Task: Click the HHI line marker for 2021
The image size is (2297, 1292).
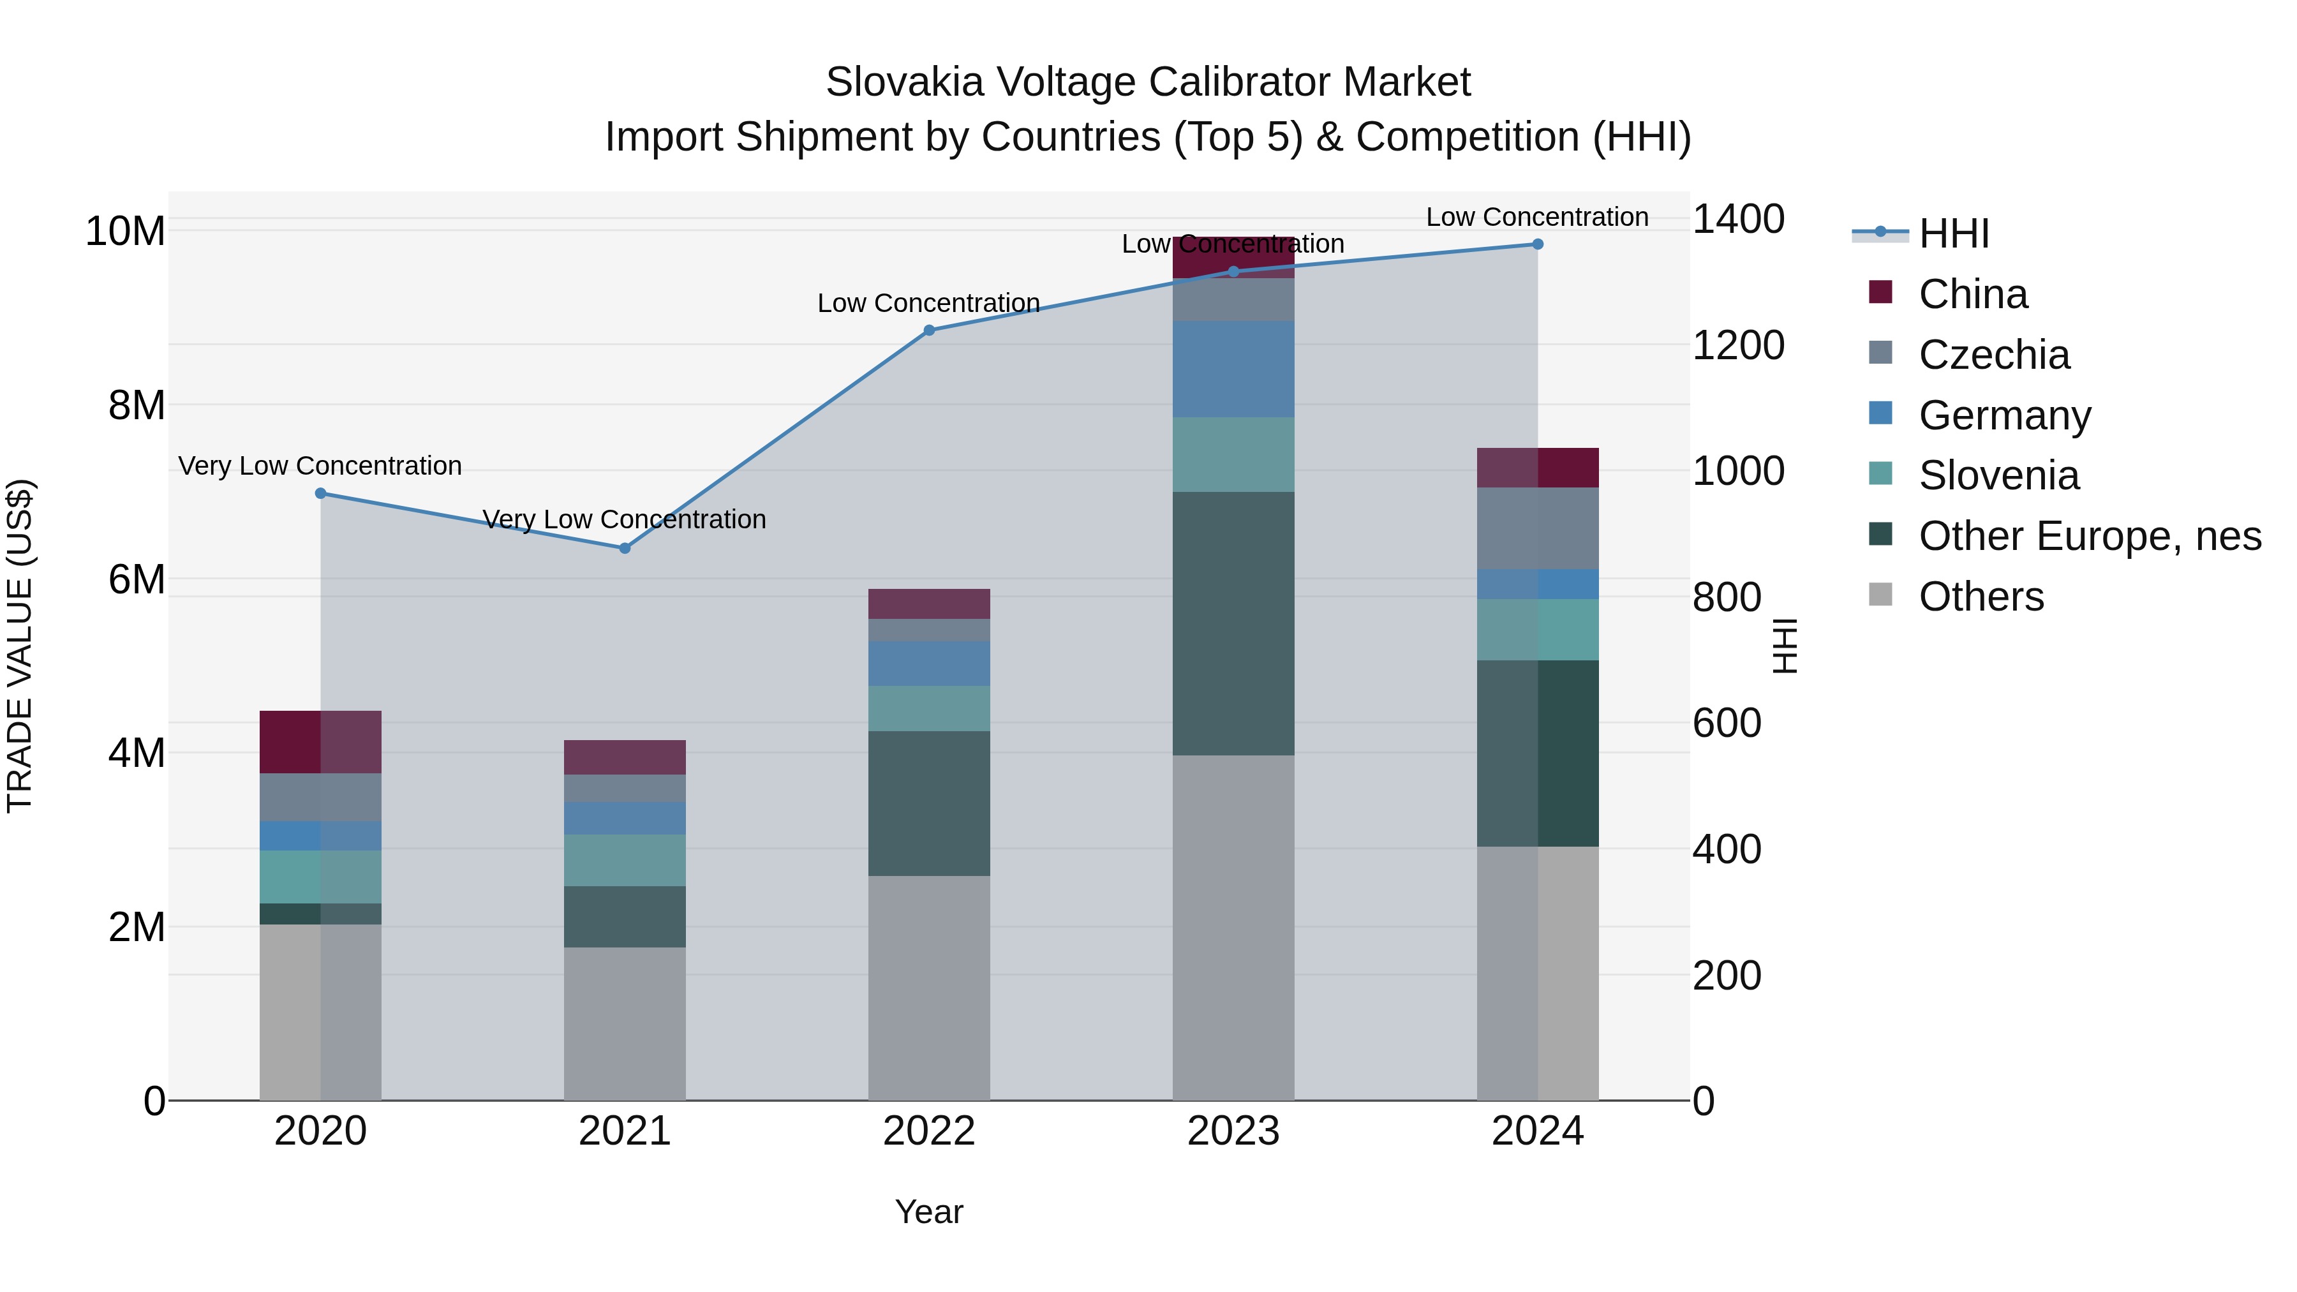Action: pos(624,548)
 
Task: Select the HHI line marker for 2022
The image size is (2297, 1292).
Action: pos(929,330)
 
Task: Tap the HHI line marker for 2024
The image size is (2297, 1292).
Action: pos(1537,244)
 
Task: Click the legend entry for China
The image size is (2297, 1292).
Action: pos(1972,294)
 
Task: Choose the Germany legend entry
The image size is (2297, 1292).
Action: pos(2003,415)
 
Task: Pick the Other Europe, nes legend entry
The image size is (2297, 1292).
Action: pos(2089,536)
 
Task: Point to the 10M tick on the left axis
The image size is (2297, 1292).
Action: pos(125,232)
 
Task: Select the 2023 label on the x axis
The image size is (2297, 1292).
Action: pos(1233,1131)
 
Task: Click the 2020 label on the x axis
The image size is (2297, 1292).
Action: pos(320,1131)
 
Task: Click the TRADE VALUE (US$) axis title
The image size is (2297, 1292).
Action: pos(20,646)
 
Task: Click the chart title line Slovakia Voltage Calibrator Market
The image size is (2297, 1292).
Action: pos(1148,82)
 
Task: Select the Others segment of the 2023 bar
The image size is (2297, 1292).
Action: pos(1233,927)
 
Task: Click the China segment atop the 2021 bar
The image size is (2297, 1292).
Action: pos(624,757)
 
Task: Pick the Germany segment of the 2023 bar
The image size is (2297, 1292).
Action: pos(1233,369)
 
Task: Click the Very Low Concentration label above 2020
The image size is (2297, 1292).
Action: pos(320,466)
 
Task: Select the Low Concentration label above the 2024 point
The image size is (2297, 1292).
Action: pos(1536,218)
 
